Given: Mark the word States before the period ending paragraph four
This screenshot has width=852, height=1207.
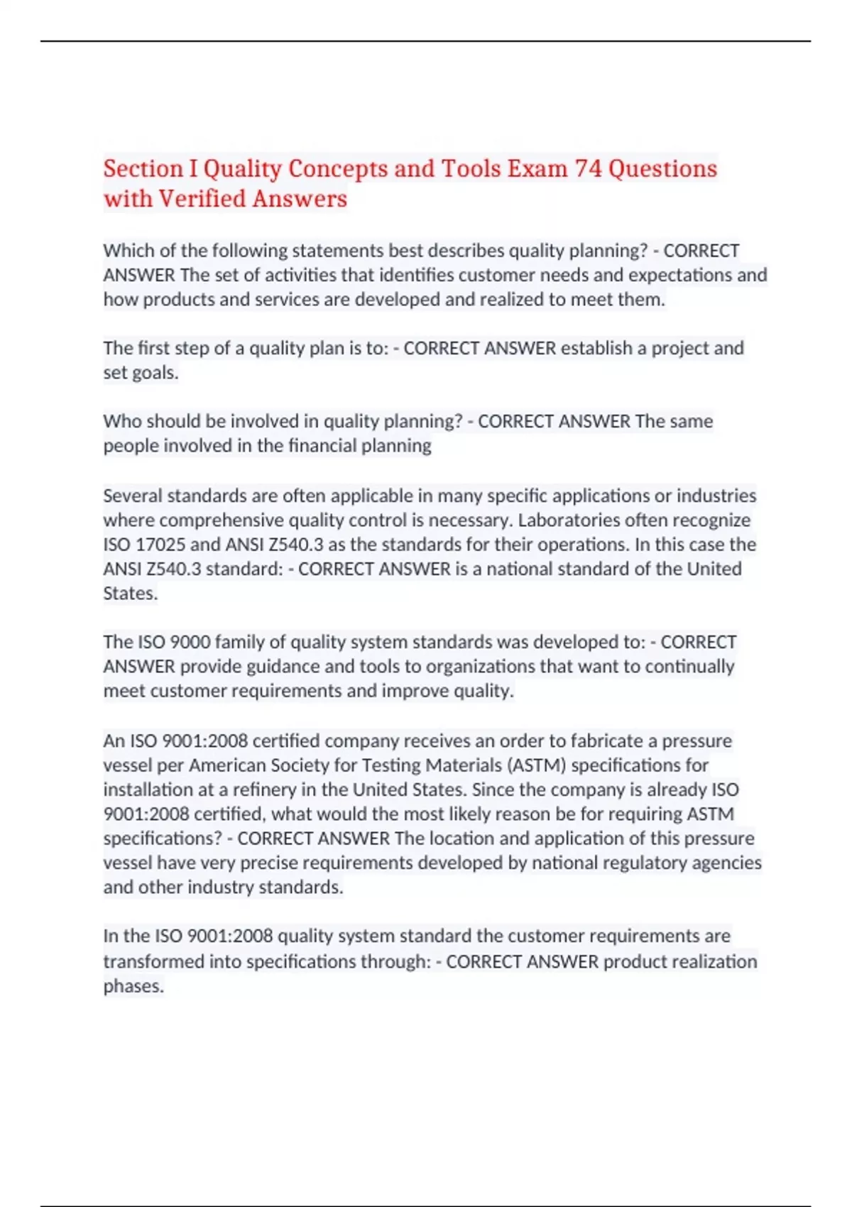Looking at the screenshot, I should point(129,594).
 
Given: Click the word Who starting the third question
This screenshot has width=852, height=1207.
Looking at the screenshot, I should point(121,422).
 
